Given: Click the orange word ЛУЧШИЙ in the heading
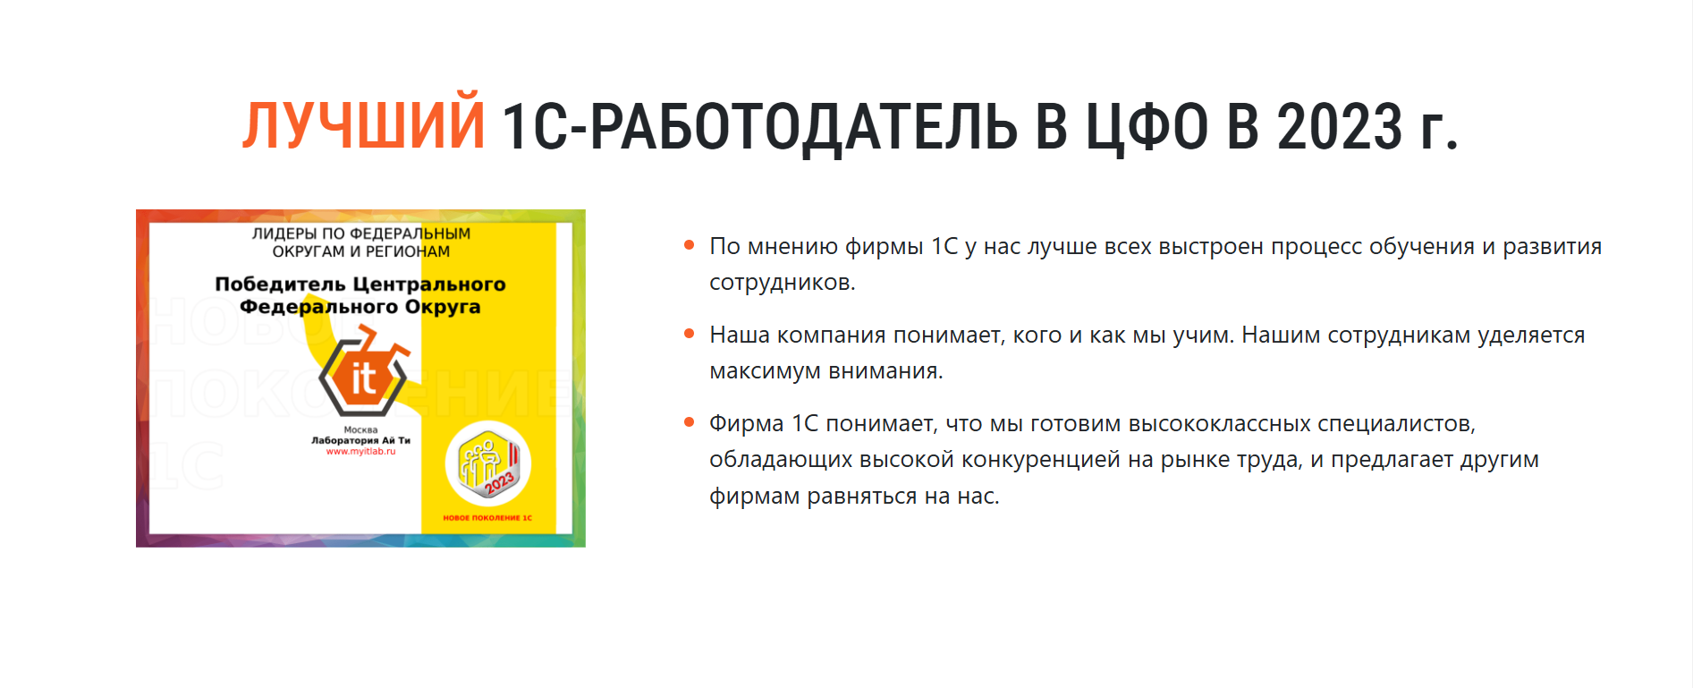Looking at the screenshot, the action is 364,125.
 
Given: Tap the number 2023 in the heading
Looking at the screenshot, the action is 1340,126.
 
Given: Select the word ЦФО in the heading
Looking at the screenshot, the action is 1147,126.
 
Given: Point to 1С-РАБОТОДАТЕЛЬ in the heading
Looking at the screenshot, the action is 759,126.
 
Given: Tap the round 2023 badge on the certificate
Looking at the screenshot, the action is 488,464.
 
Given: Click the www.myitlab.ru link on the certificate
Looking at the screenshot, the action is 360,452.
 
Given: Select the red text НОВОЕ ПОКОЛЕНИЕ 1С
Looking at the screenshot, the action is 487,518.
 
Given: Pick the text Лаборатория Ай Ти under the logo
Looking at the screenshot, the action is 360,440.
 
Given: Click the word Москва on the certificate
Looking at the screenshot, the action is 360,430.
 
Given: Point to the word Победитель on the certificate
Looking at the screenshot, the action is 280,285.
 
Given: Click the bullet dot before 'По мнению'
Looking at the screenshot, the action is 689,245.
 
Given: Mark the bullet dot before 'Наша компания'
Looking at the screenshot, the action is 689,334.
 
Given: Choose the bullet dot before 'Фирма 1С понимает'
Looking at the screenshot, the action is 689,422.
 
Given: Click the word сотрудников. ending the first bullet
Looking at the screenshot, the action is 783,283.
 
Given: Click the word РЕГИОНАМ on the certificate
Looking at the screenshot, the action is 408,251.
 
